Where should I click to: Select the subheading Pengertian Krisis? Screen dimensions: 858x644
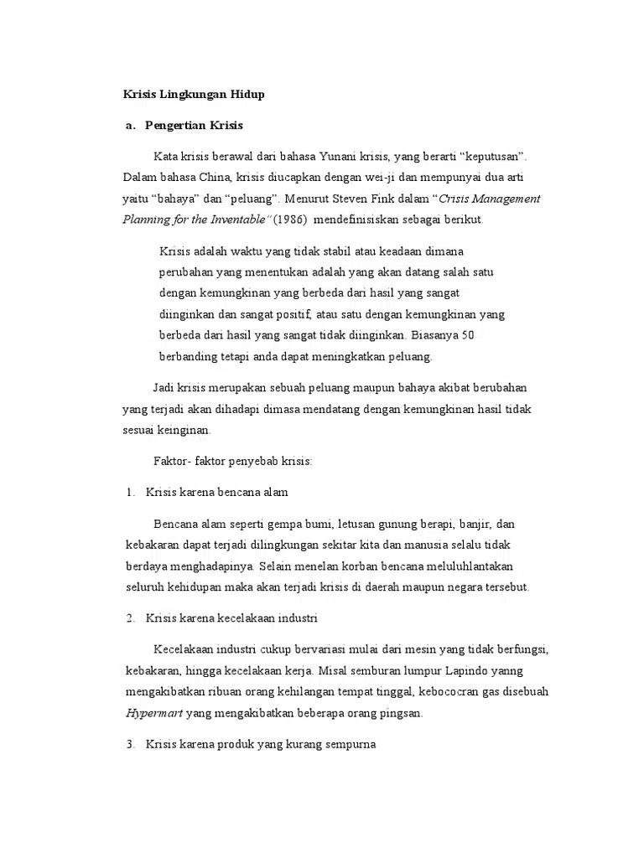click(x=194, y=126)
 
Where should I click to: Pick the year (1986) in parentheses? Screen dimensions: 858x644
click(x=291, y=220)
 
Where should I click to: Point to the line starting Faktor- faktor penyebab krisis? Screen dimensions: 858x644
click(x=233, y=461)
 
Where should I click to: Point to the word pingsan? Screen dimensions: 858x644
click(x=402, y=714)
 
